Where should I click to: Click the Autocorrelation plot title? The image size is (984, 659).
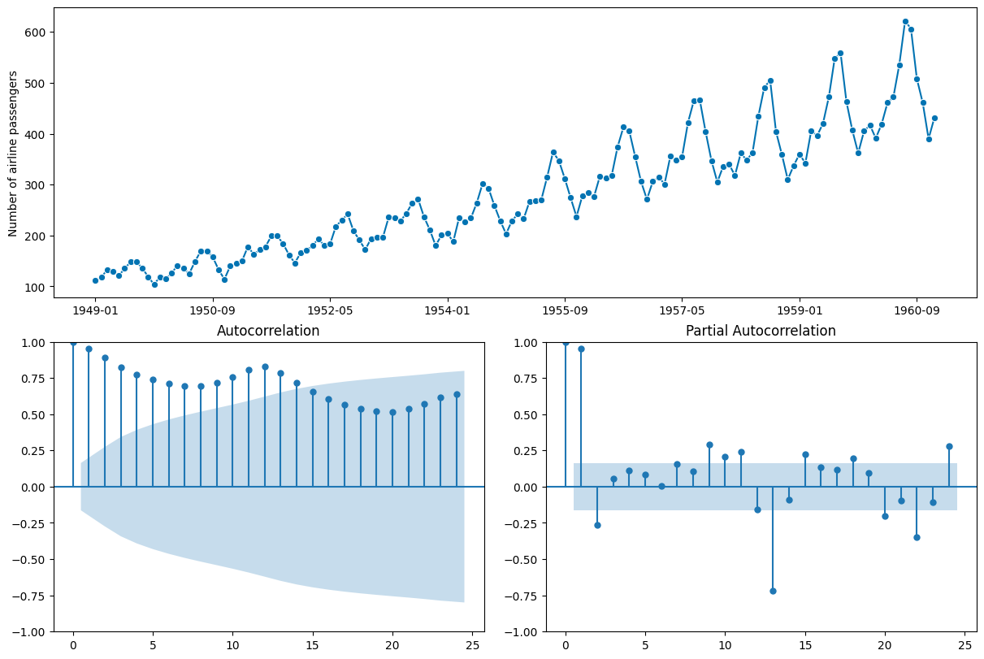(x=268, y=331)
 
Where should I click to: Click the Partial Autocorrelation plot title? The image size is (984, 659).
(x=761, y=331)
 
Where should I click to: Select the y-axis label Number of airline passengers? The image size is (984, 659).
(x=13, y=154)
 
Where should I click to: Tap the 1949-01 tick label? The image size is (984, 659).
(x=95, y=310)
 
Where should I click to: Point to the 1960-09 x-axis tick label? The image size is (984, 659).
(x=917, y=310)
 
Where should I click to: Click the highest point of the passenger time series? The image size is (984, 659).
(x=905, y=22)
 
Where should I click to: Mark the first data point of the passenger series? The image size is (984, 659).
(x=95, y=280)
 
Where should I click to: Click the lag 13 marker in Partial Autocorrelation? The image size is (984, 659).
(x=773, y=591)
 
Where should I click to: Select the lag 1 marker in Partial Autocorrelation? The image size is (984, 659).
(x=581, y=349)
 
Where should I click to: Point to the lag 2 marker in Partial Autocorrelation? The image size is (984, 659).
(x=597, y=525)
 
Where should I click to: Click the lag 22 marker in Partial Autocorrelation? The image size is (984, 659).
(x=917, y=537)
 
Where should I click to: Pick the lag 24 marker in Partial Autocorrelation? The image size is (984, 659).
(x=949, y=446)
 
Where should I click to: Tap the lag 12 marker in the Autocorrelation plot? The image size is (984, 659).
(x=265, y=366)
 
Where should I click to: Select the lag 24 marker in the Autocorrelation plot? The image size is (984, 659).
(x=457, y=394)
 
